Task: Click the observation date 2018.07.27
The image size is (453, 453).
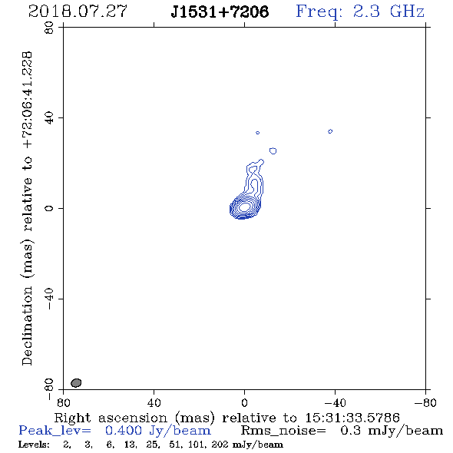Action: tap(78, 12)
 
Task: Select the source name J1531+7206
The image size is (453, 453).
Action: tap(220, 12)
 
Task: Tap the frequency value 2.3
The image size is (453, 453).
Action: tap(366, 12)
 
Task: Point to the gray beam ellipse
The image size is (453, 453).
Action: tap(76, 383)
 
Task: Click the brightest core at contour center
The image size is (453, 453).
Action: tap(245, 207)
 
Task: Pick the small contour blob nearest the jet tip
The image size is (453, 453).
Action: tap(273, 150)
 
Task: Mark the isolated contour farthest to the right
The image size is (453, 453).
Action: tap(330, 131)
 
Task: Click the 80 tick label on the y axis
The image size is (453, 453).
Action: tap(49, 28)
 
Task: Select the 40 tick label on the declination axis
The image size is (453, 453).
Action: tap(49, 118)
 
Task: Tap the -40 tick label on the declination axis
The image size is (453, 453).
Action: tap(49, 299)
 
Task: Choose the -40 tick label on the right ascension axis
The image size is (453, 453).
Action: tap(335, 402)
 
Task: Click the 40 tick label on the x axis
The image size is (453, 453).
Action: tap(154, 402)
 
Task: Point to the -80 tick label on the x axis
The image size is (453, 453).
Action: tap(425, 402)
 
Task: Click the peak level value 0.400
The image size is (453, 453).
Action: tap(124, 431)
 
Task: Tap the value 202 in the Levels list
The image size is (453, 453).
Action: tap(220, 444)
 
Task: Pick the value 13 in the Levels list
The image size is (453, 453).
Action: tap(130, 444)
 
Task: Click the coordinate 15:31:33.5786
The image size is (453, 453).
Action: tap(352, 418)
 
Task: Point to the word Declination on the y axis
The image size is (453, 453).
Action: tap(27, 326)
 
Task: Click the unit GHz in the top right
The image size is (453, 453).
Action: tap(407, 12)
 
